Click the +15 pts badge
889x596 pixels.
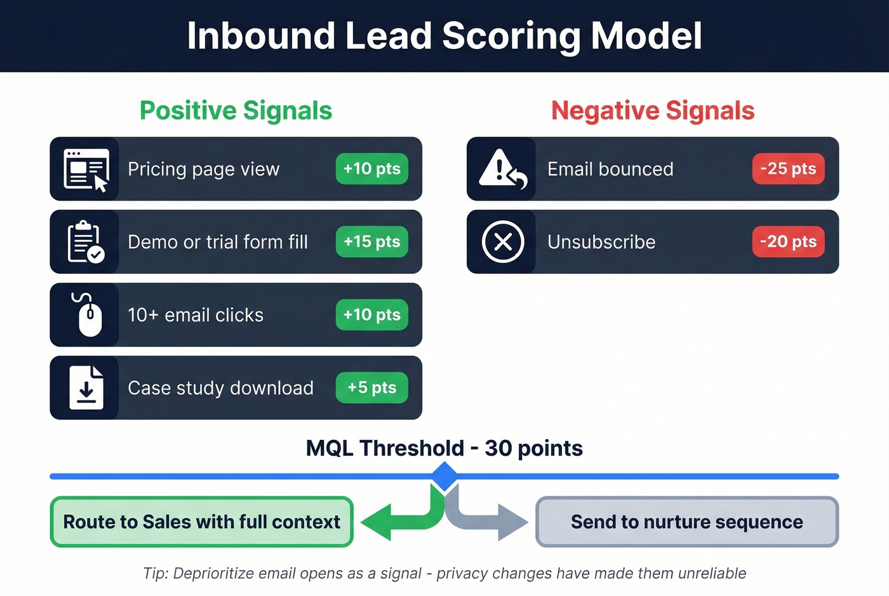coord(371,242)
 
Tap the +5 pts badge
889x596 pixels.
coord(371,388)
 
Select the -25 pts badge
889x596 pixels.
coord(788,169)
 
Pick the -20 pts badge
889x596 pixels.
coord(788,242)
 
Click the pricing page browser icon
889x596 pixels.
coord(86,169)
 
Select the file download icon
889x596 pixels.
coord(86,388)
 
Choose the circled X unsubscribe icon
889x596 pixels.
coord(503,242)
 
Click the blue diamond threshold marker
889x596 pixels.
coord(444,476)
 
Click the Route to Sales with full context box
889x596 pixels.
coord(201,522)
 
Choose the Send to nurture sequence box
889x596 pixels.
coord(687,522)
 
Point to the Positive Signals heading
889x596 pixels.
coord(236,110)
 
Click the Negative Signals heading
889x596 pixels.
coord(653,110)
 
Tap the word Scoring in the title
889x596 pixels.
coord(511,36)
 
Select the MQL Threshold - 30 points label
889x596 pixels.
coord(444,448)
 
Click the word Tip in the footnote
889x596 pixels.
coord(154,573)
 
